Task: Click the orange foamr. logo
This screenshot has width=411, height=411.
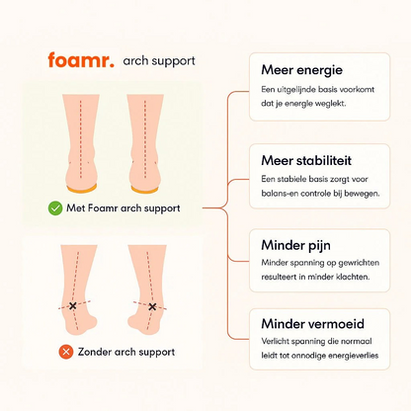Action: tap(81, 60)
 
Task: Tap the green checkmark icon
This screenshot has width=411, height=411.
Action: tap(55, 208)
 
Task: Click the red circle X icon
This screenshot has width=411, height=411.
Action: tap(66, 352)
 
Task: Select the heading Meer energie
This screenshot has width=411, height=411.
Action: tap(301, 70)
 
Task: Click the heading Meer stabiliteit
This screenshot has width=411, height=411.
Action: tap(306, 160)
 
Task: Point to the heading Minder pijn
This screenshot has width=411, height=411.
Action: tap(295, 245)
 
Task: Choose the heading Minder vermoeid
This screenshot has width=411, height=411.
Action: tap(313, 324)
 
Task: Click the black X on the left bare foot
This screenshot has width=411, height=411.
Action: tap(73, 306)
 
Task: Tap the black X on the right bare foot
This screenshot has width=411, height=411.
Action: tap(152, 307)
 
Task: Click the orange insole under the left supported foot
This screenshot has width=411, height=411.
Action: tap(82, 189)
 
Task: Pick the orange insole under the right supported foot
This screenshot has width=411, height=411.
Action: tap(144, 190)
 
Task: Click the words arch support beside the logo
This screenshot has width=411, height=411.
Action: tap(159, 61)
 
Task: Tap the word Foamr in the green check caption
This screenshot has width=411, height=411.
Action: tap(103, 208)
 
